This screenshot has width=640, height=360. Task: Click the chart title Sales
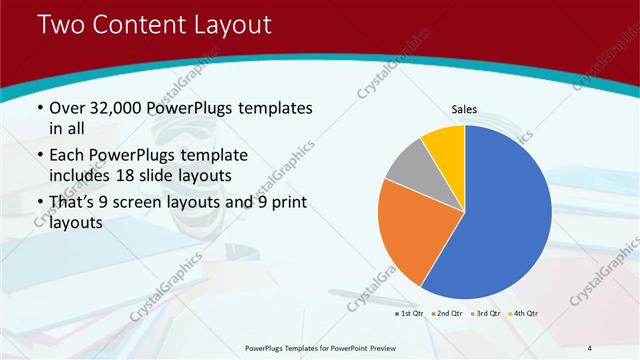(464, 109)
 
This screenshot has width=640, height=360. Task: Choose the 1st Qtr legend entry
(409, 314)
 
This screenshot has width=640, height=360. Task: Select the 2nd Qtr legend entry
(446, 314)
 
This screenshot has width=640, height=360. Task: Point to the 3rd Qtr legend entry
(484, 314)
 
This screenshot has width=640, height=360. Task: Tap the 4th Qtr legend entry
(521, 314)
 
